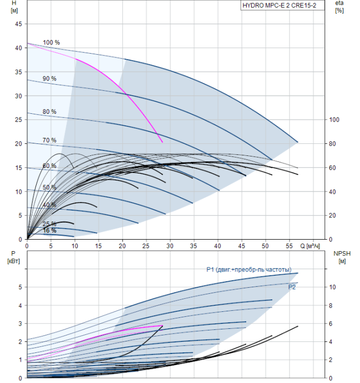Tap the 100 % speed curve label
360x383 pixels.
coord(51,43)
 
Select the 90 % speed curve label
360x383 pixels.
coord(49,79)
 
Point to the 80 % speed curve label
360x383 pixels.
coord(49,112)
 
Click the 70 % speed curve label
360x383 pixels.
coord(49,141)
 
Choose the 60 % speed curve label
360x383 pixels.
coord(49,166)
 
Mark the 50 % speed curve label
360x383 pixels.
coord(49,188)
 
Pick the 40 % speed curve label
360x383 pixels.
coord(49,205)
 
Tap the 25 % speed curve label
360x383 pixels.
coord(49,224)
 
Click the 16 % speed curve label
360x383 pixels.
coord(49,230)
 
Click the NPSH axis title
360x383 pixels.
coord(341,253)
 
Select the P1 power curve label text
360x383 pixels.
coord(252,269)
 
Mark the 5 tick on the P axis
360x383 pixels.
coord(20,287)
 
